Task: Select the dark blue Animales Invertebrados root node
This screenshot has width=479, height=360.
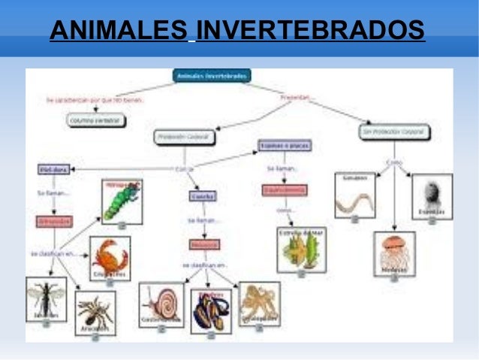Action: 212,76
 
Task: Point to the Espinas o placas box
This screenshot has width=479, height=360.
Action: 285,145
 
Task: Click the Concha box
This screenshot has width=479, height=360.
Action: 203,196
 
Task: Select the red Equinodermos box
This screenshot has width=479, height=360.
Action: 284,191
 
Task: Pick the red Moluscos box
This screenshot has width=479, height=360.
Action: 203,245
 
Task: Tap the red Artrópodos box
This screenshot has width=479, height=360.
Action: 54,222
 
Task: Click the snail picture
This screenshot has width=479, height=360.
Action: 161,304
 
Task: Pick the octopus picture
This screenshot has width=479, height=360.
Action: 260,303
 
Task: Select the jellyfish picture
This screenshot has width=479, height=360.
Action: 394,253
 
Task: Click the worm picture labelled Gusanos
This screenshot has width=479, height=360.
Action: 354,197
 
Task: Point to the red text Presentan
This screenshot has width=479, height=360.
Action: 297,98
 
